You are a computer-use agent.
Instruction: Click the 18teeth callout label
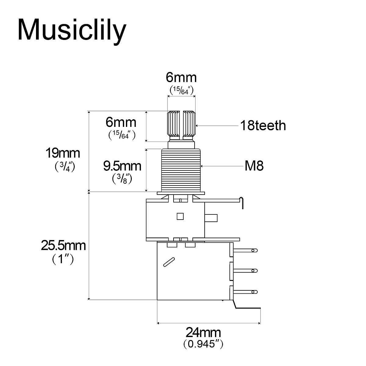coord(263,125)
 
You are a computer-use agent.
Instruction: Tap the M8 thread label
coord(254,166)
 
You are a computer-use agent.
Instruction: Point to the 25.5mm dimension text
coord(63,246)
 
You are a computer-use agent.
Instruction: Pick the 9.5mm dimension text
coord(122,166)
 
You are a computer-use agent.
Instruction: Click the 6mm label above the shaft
coord(181,77)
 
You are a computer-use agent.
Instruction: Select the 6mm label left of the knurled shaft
coord(121,122)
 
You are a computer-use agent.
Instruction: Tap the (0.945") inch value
coord(203,344)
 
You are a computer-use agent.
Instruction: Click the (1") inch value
coord(63,259)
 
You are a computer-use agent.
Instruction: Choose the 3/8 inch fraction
coord(122,179)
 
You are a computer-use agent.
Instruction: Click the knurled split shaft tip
coord(181,124)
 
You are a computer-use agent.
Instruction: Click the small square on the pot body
coord(180,216)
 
